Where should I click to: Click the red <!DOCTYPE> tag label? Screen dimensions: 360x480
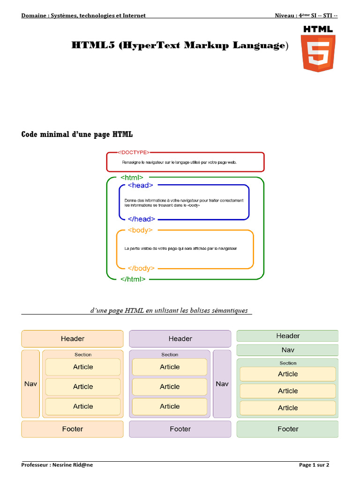pyautogui.click(x=134, y=152)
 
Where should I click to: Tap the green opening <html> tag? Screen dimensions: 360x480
pyautogui.click(x=132, y=178)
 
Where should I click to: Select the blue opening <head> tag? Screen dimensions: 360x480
pyautogui.click(x=141, y=185)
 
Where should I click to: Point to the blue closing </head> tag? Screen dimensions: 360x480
pyautogui.click(x=142, y=219)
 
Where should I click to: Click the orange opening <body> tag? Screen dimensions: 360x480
pyautogui.click(x=140, y=230)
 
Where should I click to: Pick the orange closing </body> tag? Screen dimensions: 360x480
pyautogui.click(x=141, y=269)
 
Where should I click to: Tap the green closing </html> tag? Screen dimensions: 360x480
pyautogui.click(x=133, y=279)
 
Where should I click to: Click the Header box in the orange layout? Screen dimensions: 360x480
pyautogui.click(x=72, y=338)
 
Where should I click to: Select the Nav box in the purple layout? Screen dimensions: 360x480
pyautogui.click(x=222, y=384)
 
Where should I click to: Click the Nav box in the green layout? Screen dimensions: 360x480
pyautogui.click(x=288, y=350)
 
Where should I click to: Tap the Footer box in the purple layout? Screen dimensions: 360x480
pyautogui.click(x=180, y=429)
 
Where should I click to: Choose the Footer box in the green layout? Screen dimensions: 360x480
pyautogui.click(x=288, y=429)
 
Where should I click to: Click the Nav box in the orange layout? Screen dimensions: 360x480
pyautogui.click(x=30, y=384)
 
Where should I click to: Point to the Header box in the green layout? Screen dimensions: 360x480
pyautogui.click(x=288, y=336)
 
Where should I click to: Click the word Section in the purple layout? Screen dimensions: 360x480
pyautogui.click(x=170, y=354)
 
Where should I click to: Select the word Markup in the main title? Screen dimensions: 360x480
pyautogui.click(x=207, y=45)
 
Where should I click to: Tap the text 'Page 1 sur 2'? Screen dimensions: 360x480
pyautogui.click(x=314, y=465)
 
